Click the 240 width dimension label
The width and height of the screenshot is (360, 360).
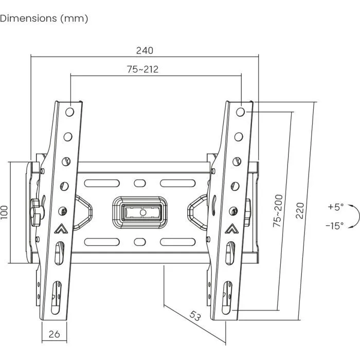145,50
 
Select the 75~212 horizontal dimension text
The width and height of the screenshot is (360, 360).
143,69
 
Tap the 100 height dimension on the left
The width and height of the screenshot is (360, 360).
4,212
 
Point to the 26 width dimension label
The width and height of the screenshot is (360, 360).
54,334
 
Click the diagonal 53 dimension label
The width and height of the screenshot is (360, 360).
195,316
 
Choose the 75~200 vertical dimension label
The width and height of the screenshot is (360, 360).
278,211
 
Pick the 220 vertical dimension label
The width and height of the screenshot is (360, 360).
300,210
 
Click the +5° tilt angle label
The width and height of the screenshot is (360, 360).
336,207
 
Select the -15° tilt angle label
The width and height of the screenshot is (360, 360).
335,226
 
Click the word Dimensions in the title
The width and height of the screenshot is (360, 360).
28,19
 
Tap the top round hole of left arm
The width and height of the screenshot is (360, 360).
69,112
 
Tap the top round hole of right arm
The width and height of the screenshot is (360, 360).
240,112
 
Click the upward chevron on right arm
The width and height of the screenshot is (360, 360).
231,228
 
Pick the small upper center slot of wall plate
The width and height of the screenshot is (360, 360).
139,183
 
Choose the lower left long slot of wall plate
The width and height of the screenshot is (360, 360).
102,242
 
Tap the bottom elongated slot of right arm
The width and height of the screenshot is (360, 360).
227,298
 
